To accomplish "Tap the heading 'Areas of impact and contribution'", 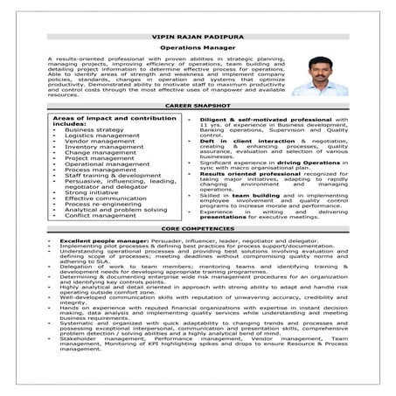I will coord(96,117).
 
